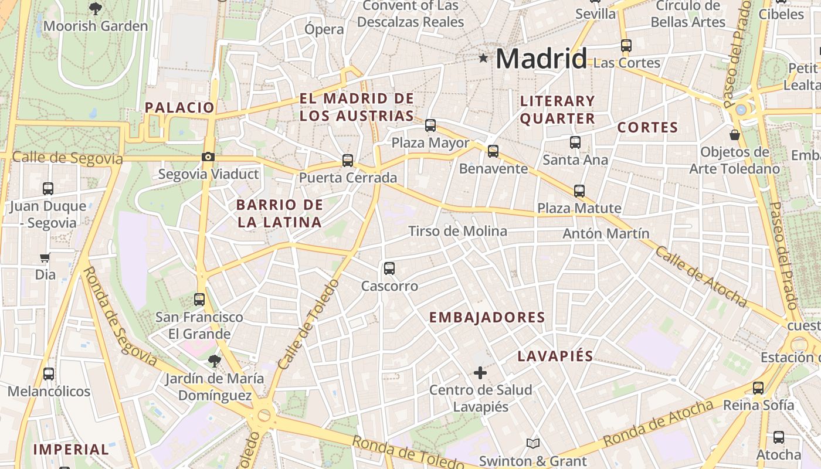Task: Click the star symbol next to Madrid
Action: coord(483,58)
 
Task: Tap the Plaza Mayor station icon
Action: coord(430,125)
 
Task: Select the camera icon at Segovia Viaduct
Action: coord(208,157)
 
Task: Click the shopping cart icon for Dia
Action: coord(45,257)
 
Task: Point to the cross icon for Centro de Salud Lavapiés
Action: coord(480,372)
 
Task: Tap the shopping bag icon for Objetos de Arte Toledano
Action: coord(734,135)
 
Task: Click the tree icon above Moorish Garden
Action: coord(95,8)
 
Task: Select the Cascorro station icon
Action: coord(389,269)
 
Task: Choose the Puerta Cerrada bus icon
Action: coord(348,160)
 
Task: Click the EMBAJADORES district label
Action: coord(487,318)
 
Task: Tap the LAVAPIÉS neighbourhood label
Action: coord(555,356)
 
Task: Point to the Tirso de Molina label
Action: coord(457,231)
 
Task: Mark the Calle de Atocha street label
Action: coord(700,277)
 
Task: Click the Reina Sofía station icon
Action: coord(758,388)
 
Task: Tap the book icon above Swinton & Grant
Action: coord(532,444)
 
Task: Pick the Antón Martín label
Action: coord(606,233)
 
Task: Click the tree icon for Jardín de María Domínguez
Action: coord(215,361)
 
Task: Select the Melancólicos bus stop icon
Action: coord(49,373)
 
